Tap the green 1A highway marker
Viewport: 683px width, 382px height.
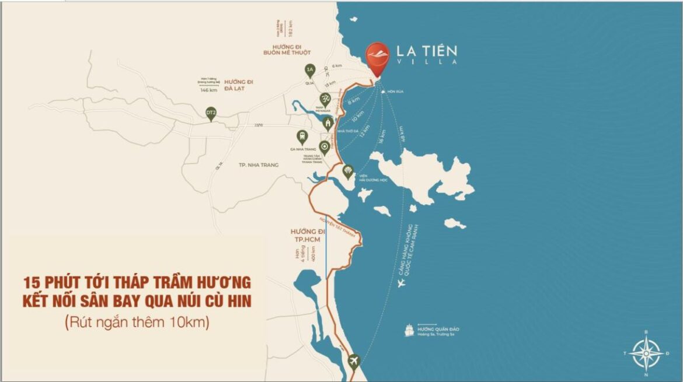pos(311,71)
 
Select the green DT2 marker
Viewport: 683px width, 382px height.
pos(211,113)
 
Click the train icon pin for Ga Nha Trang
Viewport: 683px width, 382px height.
pos(302,137)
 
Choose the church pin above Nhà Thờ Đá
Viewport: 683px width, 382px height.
pos(328,123)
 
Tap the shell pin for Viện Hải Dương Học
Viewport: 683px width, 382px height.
pos(348,171)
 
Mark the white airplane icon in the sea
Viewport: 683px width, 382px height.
pos(400,284)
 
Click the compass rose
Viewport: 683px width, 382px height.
pos(646,352)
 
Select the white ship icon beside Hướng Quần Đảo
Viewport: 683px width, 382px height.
pos(409,330)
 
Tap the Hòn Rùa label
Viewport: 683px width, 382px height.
pos(396,92)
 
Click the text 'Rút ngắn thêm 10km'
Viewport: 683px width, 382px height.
pos(137,320)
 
